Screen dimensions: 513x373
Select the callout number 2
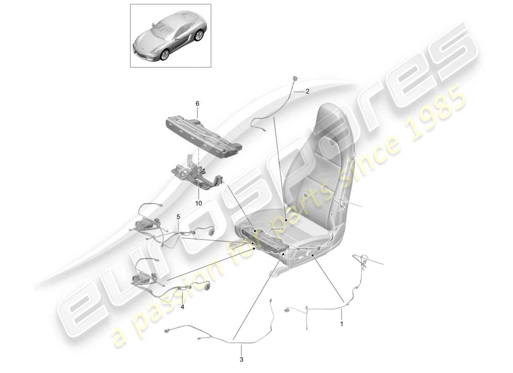307,92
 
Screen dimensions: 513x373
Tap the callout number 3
242,359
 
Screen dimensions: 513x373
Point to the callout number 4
182,307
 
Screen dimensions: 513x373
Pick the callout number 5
178,216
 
